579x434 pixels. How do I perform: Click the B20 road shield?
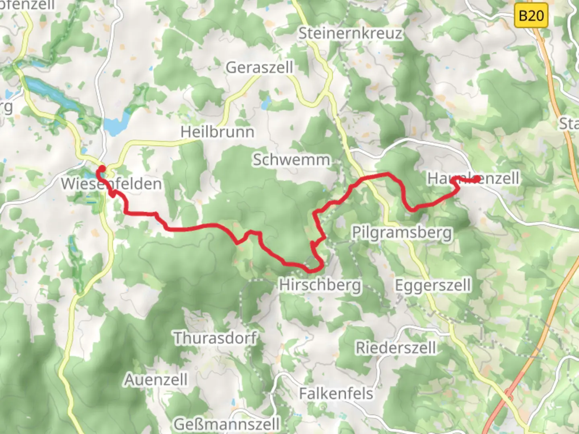pos(531,16)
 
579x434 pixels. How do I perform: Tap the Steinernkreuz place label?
pos(350,33)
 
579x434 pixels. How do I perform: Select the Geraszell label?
pos(259,68)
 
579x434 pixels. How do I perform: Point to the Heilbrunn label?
pos(217,132)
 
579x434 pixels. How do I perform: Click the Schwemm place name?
pos(291,160)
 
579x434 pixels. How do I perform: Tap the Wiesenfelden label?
pos(111,184)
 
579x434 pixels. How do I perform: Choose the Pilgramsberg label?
pos(402,233)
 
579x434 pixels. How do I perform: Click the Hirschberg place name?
pos(320,285)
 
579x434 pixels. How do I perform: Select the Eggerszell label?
pos(433,285)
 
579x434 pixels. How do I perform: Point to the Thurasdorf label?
pos(215,338)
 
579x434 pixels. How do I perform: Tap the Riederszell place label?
pos(396,348)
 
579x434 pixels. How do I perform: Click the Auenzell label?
pos(156,380)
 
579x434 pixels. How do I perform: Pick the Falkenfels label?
pos(336,393)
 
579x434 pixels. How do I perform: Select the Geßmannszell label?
pos(227,424)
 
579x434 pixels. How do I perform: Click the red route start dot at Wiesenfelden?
pos(102,169)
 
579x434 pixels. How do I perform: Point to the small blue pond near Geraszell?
pos(265,104)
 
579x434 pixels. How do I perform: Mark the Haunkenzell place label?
pos(473,178)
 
